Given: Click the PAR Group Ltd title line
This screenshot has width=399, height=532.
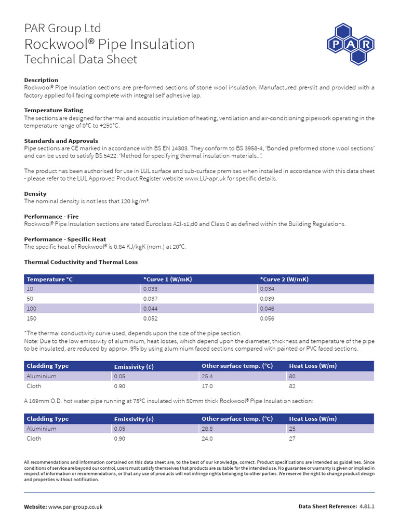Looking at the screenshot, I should (63, 28).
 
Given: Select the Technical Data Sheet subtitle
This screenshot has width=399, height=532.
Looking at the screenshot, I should (81, 59).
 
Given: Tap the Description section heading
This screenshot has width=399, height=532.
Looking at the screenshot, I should (42, 80).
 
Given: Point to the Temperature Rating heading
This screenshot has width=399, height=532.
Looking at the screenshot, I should (54, 111).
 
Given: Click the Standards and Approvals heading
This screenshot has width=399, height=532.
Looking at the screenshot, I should (61, 141).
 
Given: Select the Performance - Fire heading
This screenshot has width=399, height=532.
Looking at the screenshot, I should (51, 216).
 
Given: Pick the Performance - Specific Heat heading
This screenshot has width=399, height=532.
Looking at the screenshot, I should (65, 239).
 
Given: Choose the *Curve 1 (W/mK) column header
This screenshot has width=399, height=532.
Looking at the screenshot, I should (168, 280).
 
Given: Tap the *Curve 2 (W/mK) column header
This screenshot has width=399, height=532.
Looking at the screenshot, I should (284, 280).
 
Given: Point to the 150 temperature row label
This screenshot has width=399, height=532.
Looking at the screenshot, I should (31, 318).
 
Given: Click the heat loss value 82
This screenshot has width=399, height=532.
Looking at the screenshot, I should (292, 386).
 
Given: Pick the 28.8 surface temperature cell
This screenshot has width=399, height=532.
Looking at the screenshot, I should (208, 429).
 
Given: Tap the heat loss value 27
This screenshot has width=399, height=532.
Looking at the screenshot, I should (292, 438).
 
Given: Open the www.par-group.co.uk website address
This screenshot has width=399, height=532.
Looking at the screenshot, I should (75, 507).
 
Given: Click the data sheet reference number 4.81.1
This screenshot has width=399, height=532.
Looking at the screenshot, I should (367, 507).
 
